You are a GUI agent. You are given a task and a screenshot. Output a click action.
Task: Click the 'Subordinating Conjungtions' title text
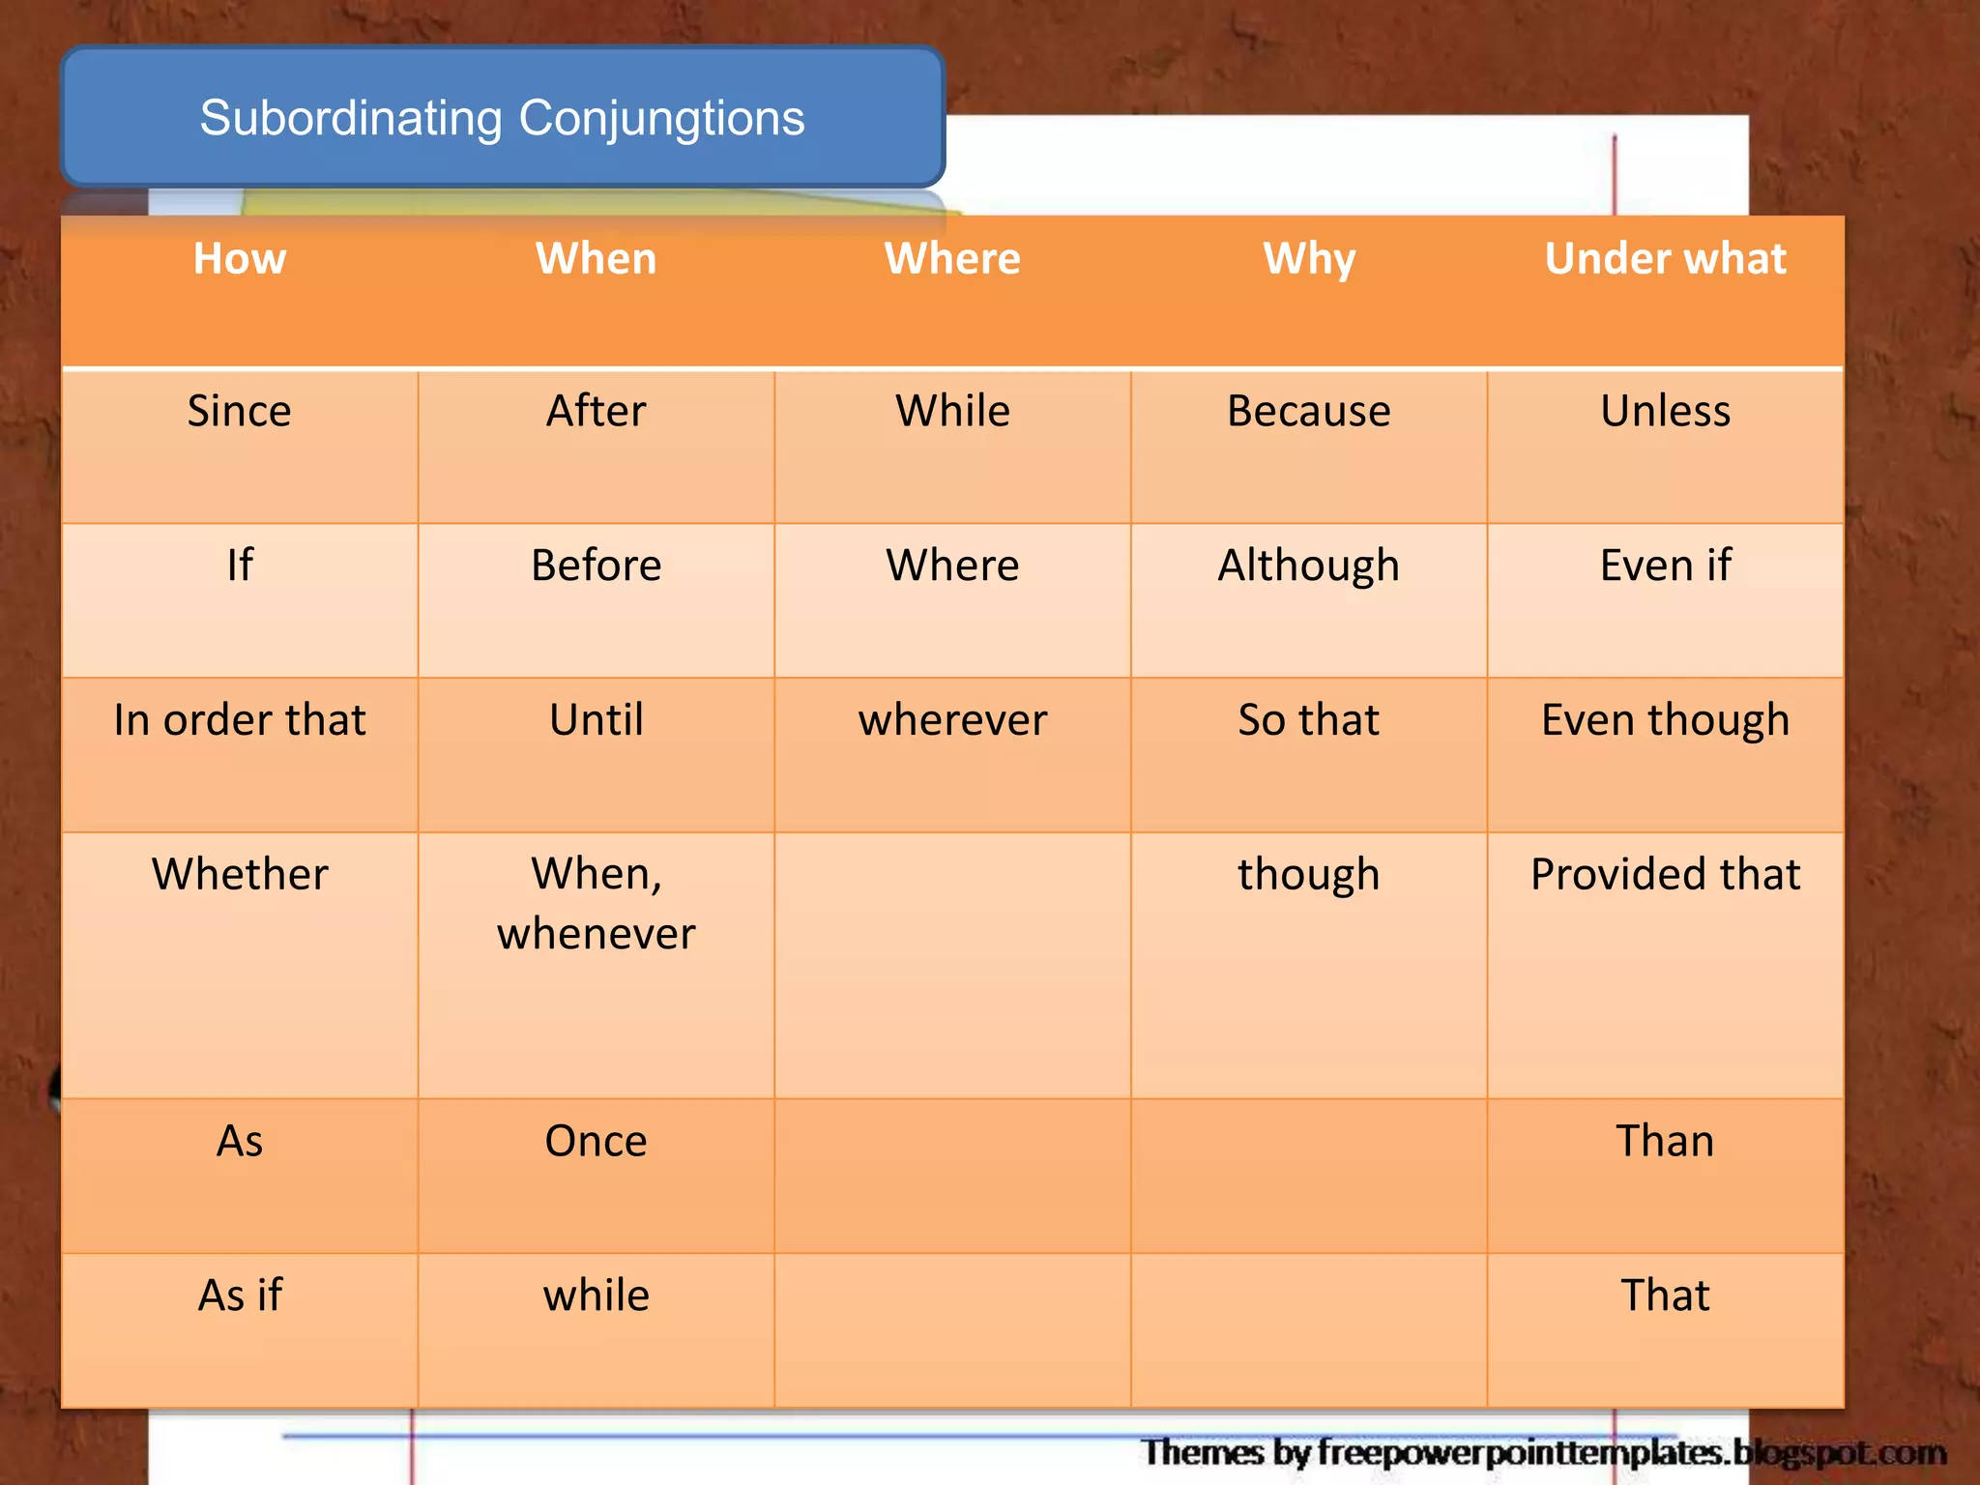point(502,118)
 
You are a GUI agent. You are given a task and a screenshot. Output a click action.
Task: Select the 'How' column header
point(240,259)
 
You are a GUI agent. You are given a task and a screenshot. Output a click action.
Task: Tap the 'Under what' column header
point(1665,259)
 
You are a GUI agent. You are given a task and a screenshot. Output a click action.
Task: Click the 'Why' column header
point(1309,259)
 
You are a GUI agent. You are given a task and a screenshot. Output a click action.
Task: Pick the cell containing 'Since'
point(240,412)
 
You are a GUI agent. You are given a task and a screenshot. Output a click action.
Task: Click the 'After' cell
point(597,412)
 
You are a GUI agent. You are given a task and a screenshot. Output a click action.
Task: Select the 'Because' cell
point(1309,412)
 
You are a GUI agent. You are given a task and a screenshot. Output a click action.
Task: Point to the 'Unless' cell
point(1665,412)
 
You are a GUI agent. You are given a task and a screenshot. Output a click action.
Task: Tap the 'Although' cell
point(1309,567)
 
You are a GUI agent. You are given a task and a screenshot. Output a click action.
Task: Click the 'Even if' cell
point(1665,567)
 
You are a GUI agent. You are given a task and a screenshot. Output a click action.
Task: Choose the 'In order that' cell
point(240,721)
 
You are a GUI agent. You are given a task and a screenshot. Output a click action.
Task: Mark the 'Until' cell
point(597,721)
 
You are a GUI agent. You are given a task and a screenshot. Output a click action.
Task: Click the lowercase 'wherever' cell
point(952,721)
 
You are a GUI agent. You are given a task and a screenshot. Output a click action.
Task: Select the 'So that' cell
point(1309,721)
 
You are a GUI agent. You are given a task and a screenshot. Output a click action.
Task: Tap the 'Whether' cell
point(240,875)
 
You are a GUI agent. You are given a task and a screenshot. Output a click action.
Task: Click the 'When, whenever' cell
point(597,904)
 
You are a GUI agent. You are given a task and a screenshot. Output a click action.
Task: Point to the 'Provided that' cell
point(1665,875)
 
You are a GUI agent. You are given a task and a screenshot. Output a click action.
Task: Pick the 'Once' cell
point(597,1142)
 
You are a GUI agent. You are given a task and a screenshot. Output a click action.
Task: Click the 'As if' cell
point(240,1296)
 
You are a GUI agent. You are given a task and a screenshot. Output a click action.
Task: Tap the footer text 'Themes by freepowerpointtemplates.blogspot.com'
point(1543,1452)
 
